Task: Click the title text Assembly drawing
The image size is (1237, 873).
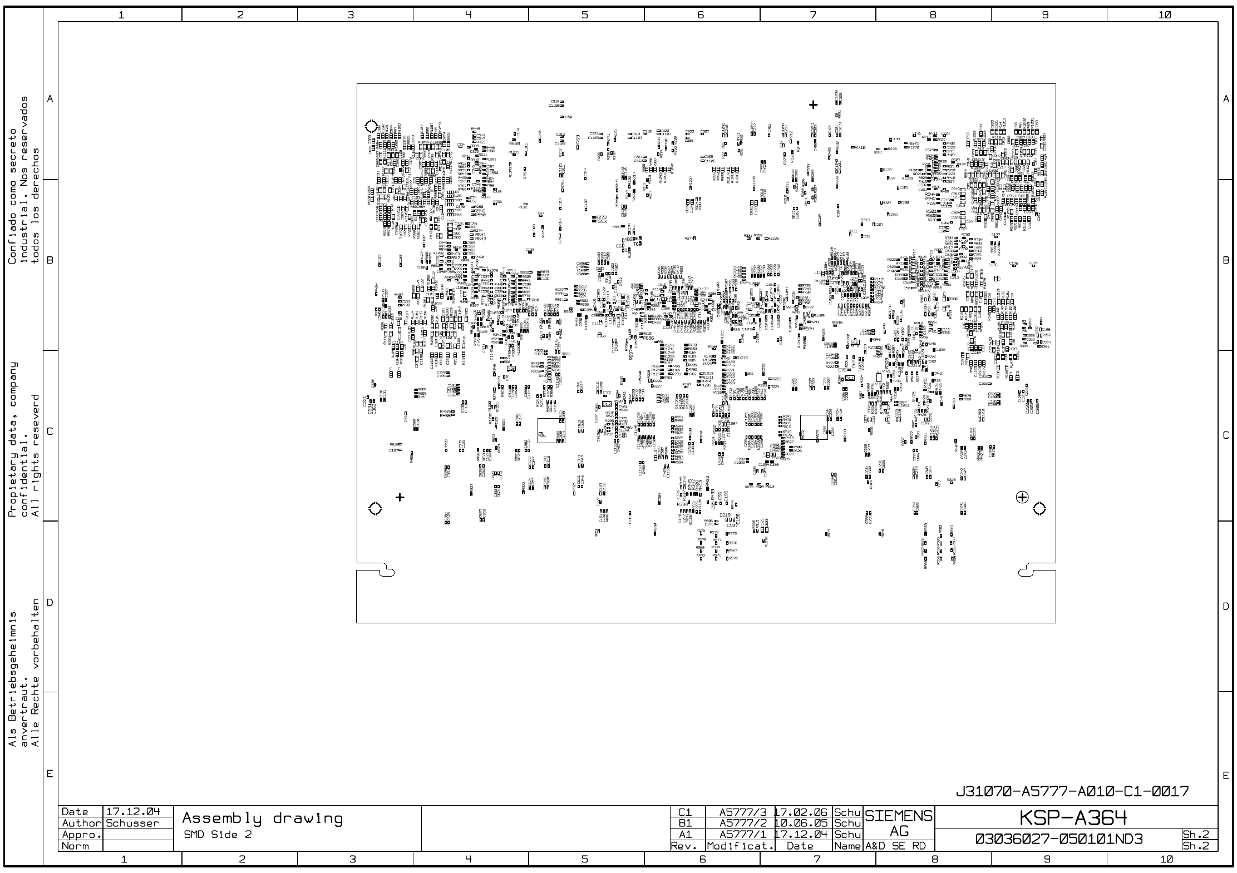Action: tap(262, 819)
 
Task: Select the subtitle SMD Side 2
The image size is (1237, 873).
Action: tap(218, 835)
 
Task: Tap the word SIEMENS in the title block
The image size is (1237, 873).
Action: tap(898, 816)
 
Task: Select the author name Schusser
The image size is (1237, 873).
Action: tap(132, 823)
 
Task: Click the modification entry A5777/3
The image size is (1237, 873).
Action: tap(743, 812)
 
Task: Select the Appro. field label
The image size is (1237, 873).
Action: tap(81, 835)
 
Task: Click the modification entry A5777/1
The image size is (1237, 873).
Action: tap(743, 835)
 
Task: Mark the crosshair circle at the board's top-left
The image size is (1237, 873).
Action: tap(371, 126)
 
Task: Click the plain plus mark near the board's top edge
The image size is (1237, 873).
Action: tap(814, 105)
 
